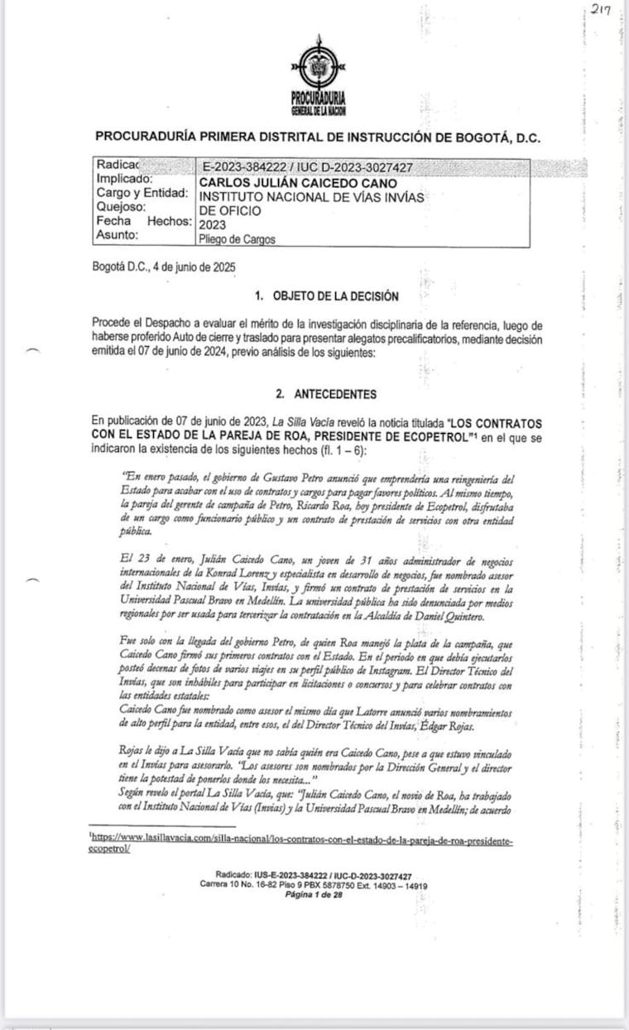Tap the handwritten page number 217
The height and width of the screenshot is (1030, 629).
(600, 10)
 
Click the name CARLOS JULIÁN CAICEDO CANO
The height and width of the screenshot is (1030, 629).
(298, 182)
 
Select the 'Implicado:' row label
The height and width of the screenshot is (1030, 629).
(124, 179)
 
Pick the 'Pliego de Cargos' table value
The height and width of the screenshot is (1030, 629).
(237, 239)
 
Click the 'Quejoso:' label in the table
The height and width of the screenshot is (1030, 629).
(121, 207)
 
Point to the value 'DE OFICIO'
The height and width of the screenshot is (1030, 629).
(230, 210)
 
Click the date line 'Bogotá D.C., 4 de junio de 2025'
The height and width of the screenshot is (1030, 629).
(165, 267)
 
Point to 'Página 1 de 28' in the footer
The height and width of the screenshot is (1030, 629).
(314, 894)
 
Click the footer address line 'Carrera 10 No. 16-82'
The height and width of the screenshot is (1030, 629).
(314, 884)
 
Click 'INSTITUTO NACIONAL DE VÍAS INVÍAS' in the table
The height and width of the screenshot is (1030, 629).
(311, 196)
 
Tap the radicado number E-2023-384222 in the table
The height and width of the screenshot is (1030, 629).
(254, 168)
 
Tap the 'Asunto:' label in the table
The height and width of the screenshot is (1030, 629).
(118, 235)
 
